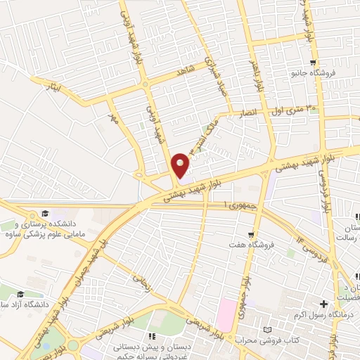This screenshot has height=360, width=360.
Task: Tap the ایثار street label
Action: coord(51,90)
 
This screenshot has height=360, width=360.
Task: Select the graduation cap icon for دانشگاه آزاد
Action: coord(21,293)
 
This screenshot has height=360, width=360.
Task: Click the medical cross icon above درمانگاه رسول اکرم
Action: coord(323,304)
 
